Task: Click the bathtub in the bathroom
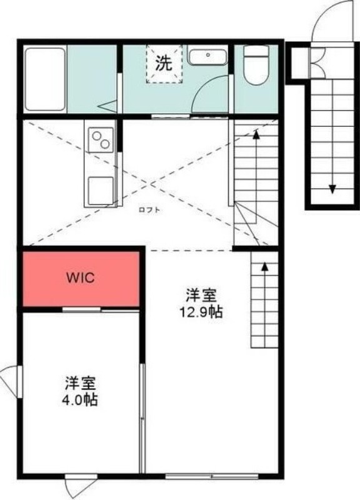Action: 45,79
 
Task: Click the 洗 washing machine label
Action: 163,62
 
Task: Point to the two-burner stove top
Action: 101,139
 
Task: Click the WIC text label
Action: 81,278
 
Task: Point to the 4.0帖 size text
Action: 81,400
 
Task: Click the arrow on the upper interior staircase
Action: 256,134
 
